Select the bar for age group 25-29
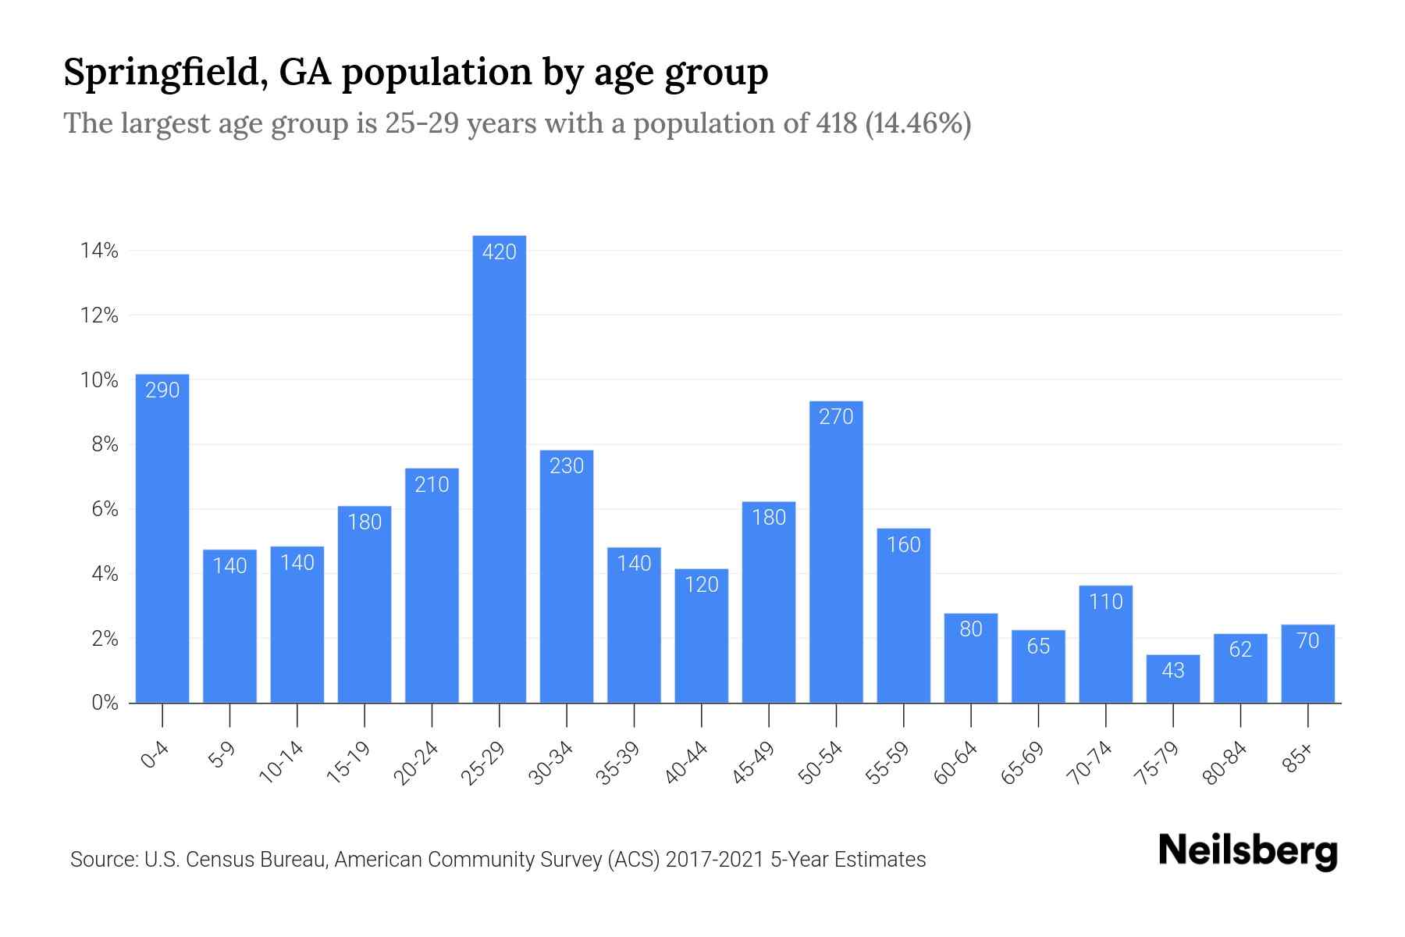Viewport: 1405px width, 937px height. click(x=500, y=468)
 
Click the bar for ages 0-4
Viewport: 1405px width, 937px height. click(x=162, y=539)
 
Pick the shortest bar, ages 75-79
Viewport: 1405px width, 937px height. click(x=1173, y=679)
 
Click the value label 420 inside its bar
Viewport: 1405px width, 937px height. click(x=500, y=252)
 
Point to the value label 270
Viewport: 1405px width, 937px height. click(x=836, y=417)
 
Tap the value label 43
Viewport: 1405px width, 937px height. click(x=1173, y=670)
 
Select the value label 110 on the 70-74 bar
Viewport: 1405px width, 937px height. click(x=1106, y=601)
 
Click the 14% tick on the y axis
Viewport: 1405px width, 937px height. click(x=98, y=251)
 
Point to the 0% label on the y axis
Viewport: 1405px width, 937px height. click(x=105, y=703)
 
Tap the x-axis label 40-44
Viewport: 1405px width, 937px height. click(x=687, y=764)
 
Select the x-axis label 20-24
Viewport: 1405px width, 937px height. click(x=417, y=764)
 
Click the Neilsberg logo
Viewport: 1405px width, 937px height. click(x=1247, y=851)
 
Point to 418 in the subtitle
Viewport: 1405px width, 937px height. click(x=837, y=123)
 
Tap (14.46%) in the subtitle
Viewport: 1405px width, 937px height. click(x=919, y=123)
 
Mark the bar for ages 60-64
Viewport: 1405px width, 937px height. click(x=971, y=658)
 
